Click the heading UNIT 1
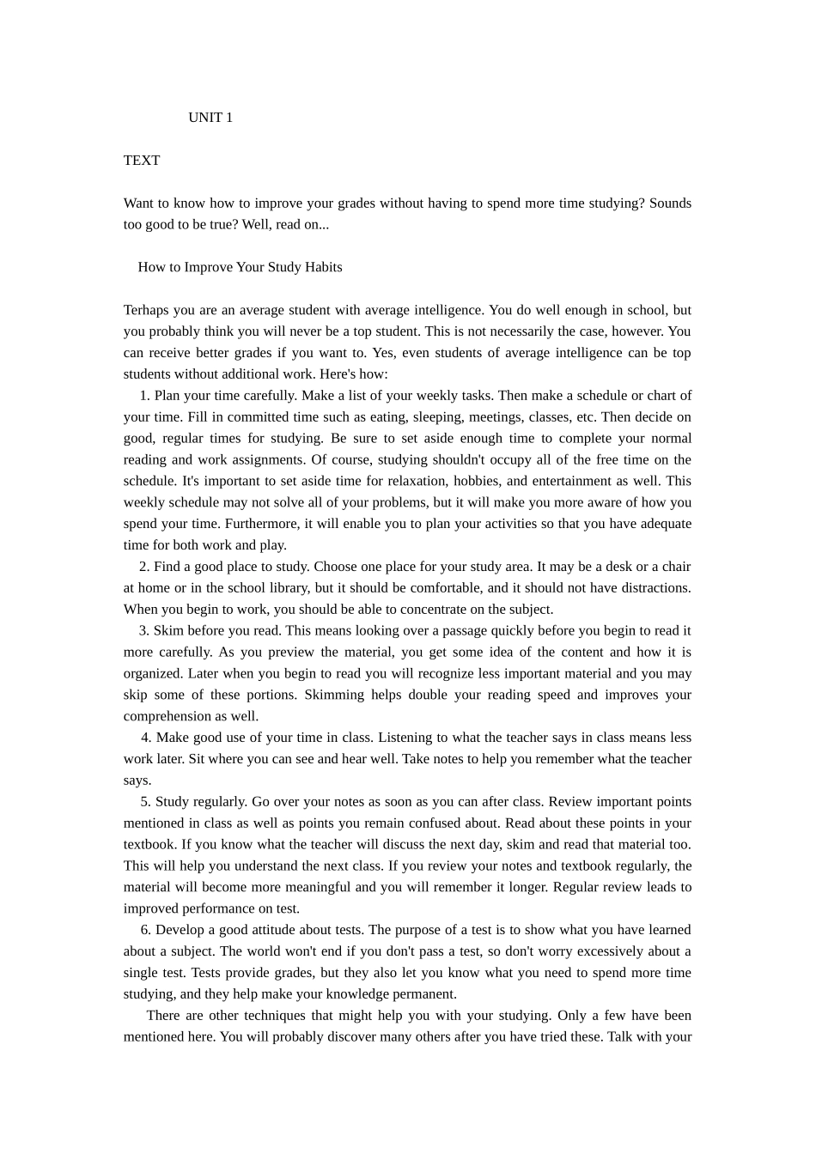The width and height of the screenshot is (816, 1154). coord(210,118)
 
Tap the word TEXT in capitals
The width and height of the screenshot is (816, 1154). coord(142,161)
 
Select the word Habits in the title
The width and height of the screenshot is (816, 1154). coord(322,267)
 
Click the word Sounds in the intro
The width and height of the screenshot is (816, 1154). coord(670,203)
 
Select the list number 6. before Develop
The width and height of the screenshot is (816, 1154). coord(146,930)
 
